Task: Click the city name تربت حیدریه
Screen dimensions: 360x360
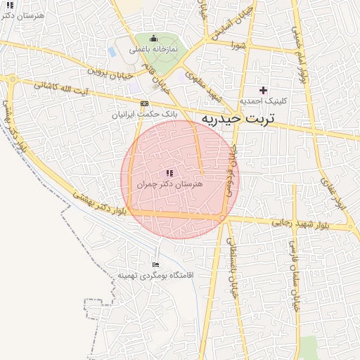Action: click(236, 118)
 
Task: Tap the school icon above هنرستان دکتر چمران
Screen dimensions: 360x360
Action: click(169, 172)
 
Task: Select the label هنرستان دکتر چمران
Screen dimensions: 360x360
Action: click(169, 183)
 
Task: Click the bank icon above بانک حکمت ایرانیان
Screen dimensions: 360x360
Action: click(145, 103)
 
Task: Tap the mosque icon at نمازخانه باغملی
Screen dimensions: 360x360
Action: click(154, 38)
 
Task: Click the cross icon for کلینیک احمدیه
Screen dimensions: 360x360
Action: click(264, 90)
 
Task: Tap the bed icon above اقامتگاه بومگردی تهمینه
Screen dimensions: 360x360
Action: click(155, 264)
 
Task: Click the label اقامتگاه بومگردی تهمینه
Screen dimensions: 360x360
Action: click(155, 275)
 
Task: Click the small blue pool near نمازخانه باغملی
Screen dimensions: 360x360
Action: click(113, 52)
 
